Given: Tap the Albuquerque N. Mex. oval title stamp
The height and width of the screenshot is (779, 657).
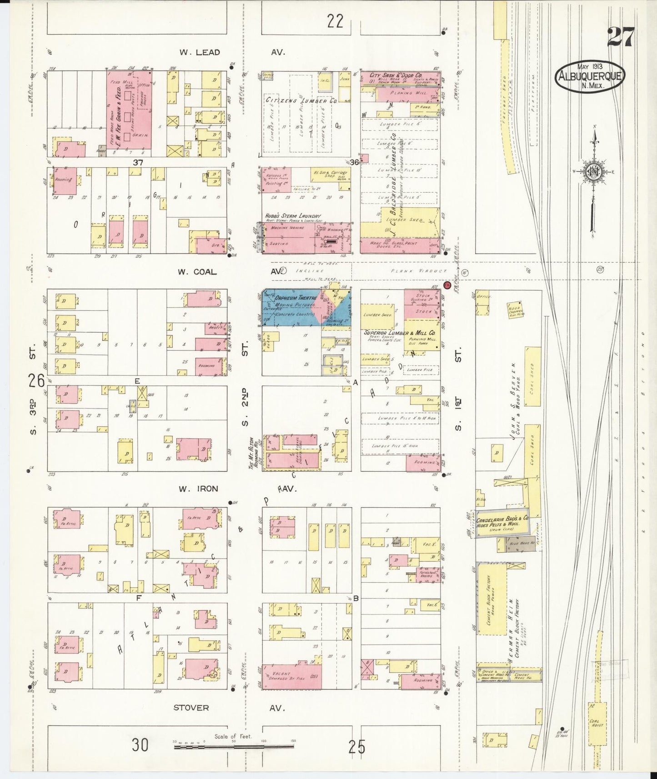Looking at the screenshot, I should coord(590,76).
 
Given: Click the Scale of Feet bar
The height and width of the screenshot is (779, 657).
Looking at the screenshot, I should coord(234,746).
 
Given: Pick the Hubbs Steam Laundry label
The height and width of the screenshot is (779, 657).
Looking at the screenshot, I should coord(293,216).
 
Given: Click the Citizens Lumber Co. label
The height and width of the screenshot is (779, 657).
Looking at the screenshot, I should coord(301,100).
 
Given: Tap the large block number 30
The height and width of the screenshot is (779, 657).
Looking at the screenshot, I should coord(140,745).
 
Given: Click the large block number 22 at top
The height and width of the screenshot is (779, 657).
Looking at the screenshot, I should coord(335,21).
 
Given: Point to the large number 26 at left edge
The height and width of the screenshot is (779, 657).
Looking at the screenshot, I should coord(36,380).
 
